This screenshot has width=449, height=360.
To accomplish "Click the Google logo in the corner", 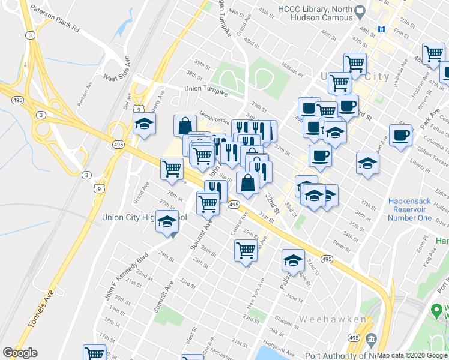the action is click(20, 353).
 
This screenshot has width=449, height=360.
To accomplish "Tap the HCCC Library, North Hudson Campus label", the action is click(315, 14).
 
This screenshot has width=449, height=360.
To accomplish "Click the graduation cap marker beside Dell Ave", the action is click(144, 125).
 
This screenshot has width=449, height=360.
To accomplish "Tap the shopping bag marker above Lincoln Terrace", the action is click(185, 125).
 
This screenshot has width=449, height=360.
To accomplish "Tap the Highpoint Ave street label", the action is click(282, 349).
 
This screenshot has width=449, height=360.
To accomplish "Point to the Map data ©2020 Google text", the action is click(412, 355).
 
